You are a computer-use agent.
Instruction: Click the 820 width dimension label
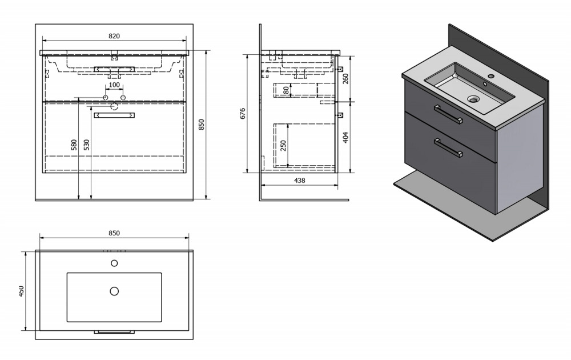tap(114, 35)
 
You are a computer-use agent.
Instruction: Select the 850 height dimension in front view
tap(202, 124)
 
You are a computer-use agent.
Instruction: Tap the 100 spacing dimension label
tap(114, 85)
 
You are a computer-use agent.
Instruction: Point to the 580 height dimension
tap(74, 145)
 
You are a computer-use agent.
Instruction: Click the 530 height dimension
tap(86, 145)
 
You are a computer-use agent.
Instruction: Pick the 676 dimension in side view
tap(243, 113)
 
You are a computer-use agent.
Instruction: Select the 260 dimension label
tap(345, 78)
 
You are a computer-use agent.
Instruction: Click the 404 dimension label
tap(345, 137)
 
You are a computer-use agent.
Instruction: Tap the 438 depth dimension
tap(299, 180)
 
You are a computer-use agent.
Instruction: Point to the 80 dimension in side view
tap(286, 90)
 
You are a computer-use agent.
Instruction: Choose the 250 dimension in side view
tap(283, 145)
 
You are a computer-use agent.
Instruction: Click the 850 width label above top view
tap(114, 233)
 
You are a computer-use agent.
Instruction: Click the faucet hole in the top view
tap(114, 263)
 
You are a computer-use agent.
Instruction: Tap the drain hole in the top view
tap(114, 291)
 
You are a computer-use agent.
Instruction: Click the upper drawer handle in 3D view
tap(448, 114)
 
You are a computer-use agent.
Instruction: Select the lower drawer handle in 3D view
tap(448, 148)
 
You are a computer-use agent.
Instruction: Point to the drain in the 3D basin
tap(474, 99)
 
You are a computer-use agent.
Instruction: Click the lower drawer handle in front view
tap(114, 115)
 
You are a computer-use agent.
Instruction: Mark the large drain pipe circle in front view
tap(114, 106)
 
